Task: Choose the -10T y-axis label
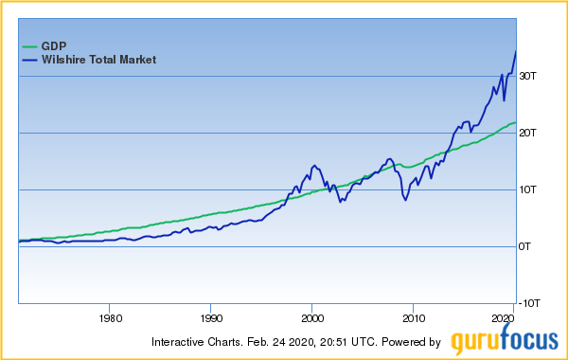point(529,303)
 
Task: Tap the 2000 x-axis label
point(312,319)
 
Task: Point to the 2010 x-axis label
point(413,319)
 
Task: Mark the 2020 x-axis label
point(503,319)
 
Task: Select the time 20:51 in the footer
point(342,342)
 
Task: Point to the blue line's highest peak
point(515,51)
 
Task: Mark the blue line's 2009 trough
point(405,201)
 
